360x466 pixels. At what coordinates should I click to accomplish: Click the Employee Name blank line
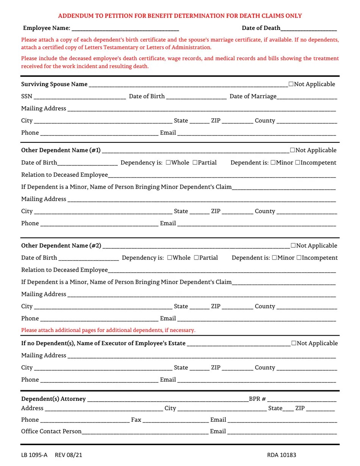pyautogui.click(x=125, y=28)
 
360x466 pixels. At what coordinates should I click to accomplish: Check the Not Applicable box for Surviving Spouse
pyautogui.click(x=291, y=84)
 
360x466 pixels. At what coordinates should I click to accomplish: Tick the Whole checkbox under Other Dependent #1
pyautogui.click(x=168, y=163)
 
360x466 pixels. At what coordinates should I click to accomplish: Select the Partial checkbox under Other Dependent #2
pyautogui.click(x=196, y=258)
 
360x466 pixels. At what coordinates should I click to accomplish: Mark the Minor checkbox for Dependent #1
pyautogui.click(x=273, y=163)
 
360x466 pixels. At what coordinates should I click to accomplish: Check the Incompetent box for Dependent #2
pyautogui.click(x=299, y=258)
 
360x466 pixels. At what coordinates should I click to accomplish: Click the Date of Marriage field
pyautogui.click(x=307, y=97)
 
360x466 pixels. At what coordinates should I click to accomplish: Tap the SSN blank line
pyautogui.click(x=80, y=97)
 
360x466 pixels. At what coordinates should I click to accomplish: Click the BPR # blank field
pyautogui.click(x=302, y=399)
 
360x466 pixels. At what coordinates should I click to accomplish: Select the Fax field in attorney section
pyautogui.click(x=175, y=420)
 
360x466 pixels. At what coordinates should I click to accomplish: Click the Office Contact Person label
pyautogui.click(x=51, y=432)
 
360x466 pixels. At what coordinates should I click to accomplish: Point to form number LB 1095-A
pyautogui.click(x=34, y=455)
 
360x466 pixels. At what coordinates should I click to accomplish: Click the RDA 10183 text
pyautogui.click(x=282, y=455)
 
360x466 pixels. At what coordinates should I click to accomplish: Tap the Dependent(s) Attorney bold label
pyautogui.click(x=53, y=399)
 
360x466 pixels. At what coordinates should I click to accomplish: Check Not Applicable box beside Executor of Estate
pyautogui.click(x=294, y=343)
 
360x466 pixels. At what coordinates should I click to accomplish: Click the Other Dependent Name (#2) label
pyautogui.click(x=61, y=246)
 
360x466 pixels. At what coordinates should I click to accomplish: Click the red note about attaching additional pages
pyautogui.click(x=108, y=330)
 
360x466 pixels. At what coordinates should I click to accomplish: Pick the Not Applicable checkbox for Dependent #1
pyautogui.click(x=292, y=150)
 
